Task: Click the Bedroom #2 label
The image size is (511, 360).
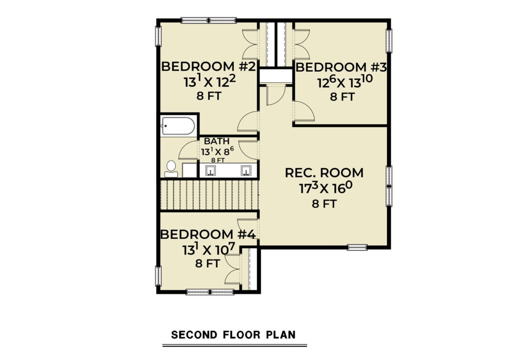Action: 208,66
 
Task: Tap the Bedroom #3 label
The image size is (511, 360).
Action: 341,67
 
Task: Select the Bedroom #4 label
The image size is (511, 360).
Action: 208,234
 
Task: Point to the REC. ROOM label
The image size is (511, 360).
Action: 324,173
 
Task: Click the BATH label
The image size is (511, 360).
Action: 217,141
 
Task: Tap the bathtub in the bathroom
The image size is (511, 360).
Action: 179,126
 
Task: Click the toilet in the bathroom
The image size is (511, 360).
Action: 171,169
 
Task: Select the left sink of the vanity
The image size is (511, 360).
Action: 211,170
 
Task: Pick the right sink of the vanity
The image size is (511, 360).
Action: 246,170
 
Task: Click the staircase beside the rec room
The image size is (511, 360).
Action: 209,195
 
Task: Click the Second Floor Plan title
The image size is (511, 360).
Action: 234,335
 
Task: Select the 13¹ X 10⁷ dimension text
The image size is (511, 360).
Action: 209,249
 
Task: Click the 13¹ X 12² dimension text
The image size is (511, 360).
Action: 210,81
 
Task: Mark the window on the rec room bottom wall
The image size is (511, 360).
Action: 357,247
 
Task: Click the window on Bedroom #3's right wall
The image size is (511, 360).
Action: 389,40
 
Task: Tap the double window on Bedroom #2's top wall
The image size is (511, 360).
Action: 209,20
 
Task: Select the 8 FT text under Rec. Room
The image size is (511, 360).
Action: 324,204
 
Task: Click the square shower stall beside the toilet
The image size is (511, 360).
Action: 189,170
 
